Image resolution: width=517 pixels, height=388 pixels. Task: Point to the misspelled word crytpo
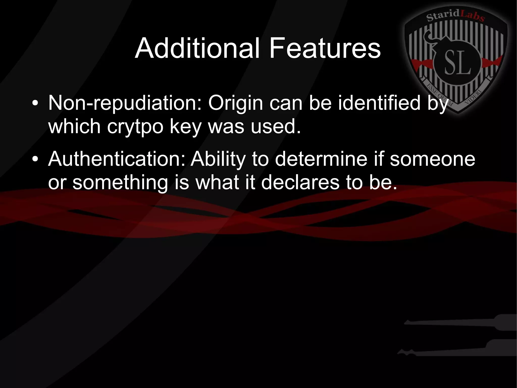(135, 126)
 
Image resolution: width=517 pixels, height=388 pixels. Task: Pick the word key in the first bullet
(185, 126)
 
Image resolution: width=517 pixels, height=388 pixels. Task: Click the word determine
(321, 159)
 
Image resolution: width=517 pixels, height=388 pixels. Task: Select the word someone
(432, 159)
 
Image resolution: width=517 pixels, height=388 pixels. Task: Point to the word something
(120, 182)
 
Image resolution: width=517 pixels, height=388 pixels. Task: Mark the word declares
(300, 182)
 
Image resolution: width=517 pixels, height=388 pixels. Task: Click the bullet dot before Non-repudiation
(35, 103)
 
